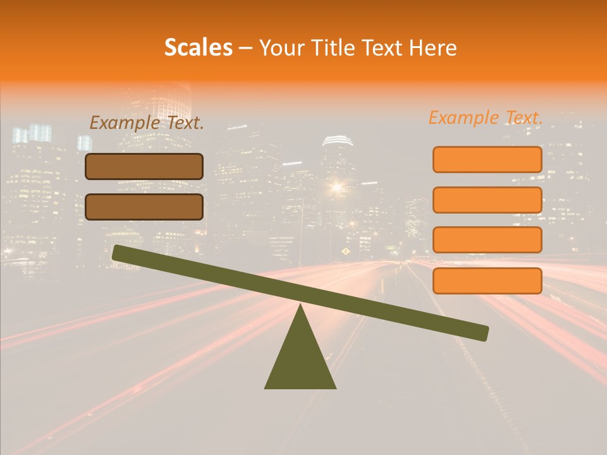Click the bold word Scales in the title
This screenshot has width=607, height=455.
click(x=199, y=48)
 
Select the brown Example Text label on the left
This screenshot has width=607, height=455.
click(x=147, y=123)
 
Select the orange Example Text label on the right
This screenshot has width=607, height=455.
click(x=486, y=118)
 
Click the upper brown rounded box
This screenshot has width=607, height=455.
click(x=144, y=166)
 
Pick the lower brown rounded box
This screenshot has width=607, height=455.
click(x=144, y=207)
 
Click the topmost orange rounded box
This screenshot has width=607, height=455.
click(x=487, y=159)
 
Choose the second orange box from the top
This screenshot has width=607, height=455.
click(x=487, y=200)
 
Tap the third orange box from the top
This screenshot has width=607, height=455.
click(x=487, y=240)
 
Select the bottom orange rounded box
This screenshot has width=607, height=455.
click(x=487, y=281)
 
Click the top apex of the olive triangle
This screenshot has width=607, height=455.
click(x=300, y=306)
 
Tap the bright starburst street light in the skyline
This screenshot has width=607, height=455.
click(x=336, y=186)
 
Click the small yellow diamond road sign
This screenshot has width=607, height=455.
click(x=345, y=252)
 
